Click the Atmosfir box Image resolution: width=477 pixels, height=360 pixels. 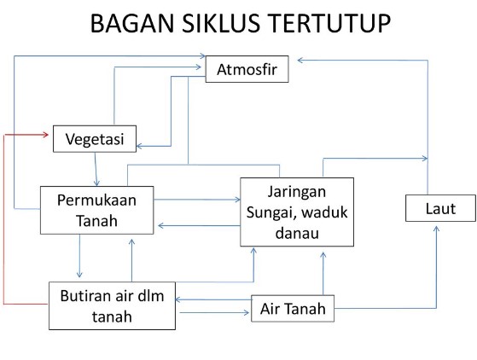point(247,69)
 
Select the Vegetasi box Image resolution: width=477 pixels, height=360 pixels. point(95,139)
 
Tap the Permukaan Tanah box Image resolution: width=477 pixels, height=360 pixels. point(96,210)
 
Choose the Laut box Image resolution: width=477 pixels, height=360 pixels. point(440,208)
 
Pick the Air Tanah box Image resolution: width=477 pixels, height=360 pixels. point(293,308)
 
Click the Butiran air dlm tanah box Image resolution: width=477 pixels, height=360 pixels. point(113,305)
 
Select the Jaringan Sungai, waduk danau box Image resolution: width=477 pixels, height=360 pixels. point(297,212)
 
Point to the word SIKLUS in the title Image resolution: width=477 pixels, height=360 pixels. point(221,23)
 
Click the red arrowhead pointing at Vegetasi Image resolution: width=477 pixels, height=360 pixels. point(45,135)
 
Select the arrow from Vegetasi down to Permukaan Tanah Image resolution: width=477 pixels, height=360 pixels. point(96,169)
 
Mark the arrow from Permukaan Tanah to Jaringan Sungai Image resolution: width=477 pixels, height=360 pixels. point(197,200)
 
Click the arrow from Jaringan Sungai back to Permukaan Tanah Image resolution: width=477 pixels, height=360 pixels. point(199,225)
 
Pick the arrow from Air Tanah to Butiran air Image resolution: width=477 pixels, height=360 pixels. point(213,299)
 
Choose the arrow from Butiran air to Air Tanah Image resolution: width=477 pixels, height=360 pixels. point(214,312)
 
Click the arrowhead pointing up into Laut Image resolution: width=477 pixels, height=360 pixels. point(436,229)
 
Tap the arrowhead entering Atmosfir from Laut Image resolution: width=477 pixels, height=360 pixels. point(300,61)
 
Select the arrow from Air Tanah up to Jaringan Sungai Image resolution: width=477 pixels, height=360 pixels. point(323,273)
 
